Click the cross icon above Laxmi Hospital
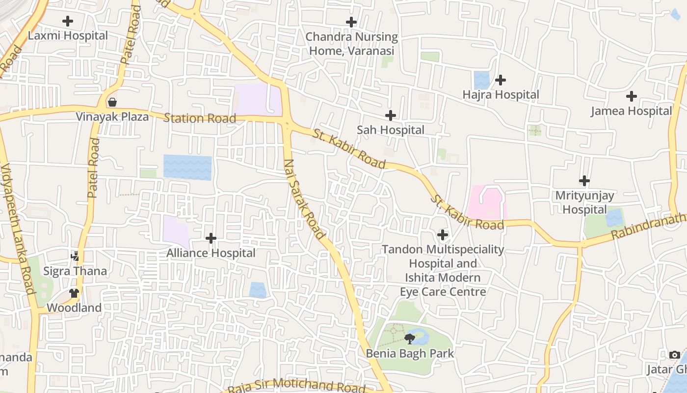point(68,21)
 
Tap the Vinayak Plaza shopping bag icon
point(112,102)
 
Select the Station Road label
point(200,118)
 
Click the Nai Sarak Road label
point(304,199)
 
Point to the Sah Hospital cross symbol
point(391,115)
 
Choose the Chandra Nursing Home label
point(351,44)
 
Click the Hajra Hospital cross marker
point(501,80)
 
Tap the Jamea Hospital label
point(631,111)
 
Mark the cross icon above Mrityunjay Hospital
point(584,181)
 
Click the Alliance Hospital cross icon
point(211,238)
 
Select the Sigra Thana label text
point(75,271)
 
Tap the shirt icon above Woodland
point(74,293)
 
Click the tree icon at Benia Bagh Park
point(410,338)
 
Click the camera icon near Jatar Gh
point(674,355)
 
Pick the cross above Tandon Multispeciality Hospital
point(443,235)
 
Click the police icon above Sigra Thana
point(75,256)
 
